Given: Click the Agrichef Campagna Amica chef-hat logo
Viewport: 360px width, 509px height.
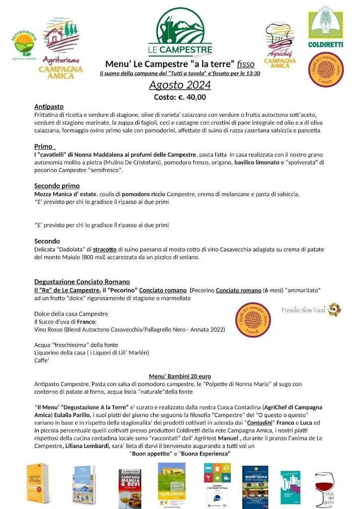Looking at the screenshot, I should (x=280, y=45).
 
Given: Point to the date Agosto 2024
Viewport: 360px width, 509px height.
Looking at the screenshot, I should (x=180, y=85).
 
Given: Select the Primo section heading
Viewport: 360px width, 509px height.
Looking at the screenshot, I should (x=44, y=147).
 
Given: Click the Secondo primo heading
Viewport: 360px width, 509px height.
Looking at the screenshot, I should (x=57, y=186).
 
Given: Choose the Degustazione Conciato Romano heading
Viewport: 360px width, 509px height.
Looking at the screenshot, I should (x=82, y=282).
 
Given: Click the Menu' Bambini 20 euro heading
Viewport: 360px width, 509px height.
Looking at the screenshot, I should (x=180, y=376).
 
